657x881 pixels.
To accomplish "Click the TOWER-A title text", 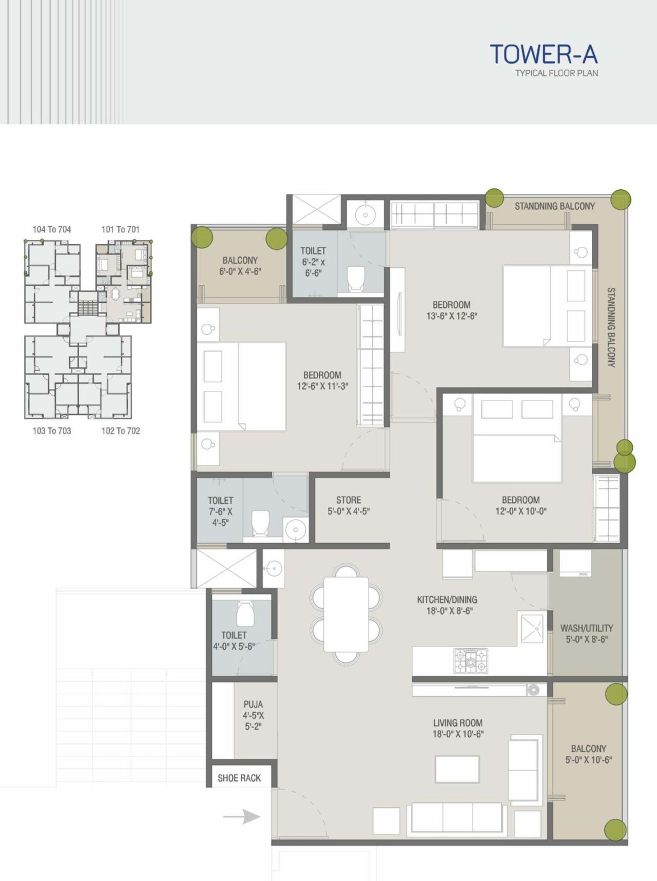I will coord(544,54).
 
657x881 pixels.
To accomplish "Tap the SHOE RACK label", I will coord(239,778).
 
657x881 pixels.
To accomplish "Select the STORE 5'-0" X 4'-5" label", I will coord(349,505).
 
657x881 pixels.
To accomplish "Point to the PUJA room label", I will coord(253,715).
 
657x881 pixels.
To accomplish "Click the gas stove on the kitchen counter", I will coord(471,660).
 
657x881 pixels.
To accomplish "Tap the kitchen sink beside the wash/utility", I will coord(532,628).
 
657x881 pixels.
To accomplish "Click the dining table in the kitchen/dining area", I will coord(346,614).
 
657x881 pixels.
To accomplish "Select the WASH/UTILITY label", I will coord(587,634).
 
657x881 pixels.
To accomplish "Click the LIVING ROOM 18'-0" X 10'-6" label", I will coord(458,728).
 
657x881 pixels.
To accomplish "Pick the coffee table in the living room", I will coord(457,769).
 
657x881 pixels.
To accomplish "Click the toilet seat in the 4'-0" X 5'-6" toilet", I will coord(245,613).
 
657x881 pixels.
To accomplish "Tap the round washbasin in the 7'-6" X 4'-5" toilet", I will coord(296,529).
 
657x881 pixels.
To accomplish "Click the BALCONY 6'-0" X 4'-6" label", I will coord(240,266).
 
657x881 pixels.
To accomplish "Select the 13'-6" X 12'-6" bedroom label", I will coord(451,310).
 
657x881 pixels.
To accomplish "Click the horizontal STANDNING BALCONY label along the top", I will coord(554,206).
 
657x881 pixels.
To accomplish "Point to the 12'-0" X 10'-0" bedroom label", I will coord(520,505).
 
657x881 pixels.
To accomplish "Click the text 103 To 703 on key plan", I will coord(52,431).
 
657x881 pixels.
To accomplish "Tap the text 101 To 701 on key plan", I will coord(120,229).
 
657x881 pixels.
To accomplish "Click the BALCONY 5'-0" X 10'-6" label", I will coord(588,754).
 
